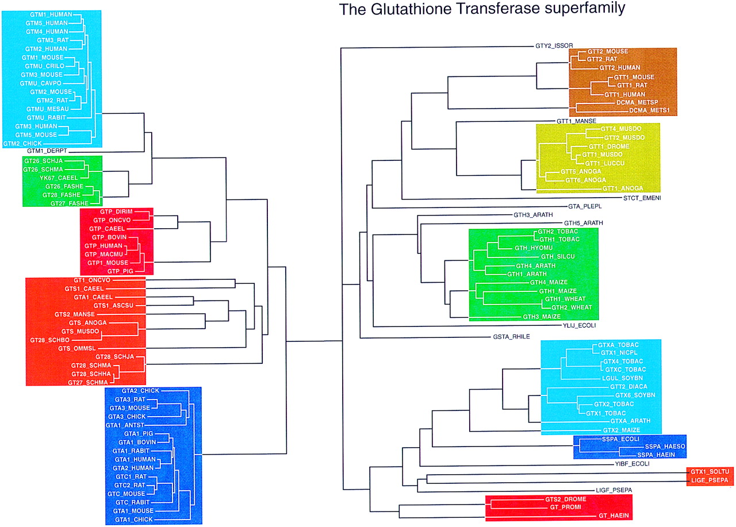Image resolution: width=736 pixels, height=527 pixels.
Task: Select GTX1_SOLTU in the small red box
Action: click(711, 472)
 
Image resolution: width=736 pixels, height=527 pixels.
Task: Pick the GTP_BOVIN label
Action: click(104, 237)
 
